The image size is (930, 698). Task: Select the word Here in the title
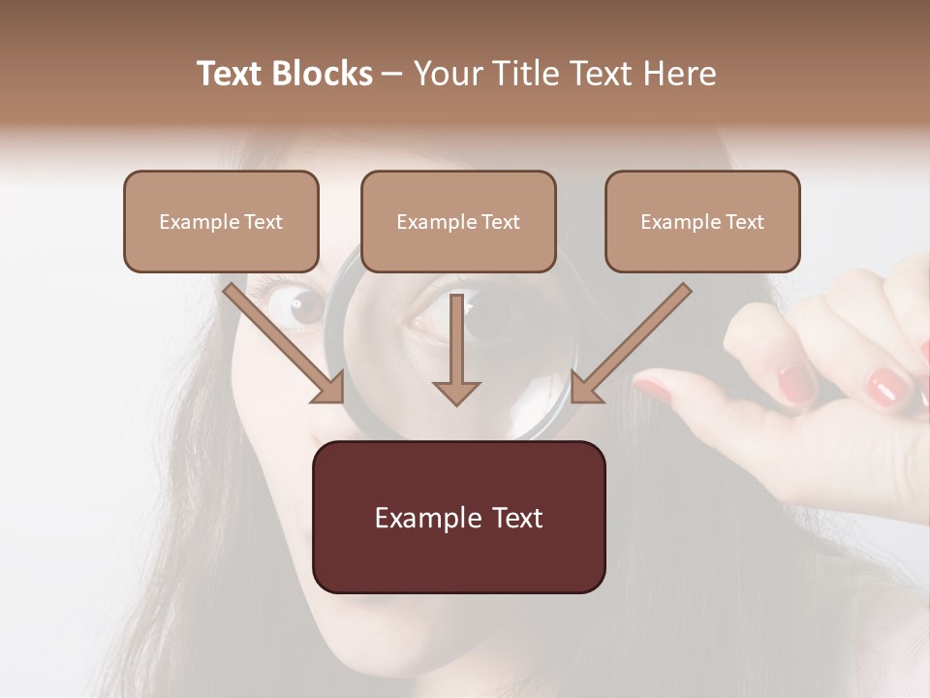pyautogui.click(x=679, y=74)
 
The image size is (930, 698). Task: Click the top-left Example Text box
pyautogui.click(x=221, y=222)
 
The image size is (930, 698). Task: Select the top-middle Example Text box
pyautogui.click(x=458, y=222)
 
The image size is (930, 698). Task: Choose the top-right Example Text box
pyautogui.click(x=702, y=222)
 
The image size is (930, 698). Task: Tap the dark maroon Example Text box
pyautogui.click(x=458, y=518)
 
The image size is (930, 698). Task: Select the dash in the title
pyautogui.click(x=392, y=75)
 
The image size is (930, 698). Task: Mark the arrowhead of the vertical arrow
pyautogui.click(x=456, y=392)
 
